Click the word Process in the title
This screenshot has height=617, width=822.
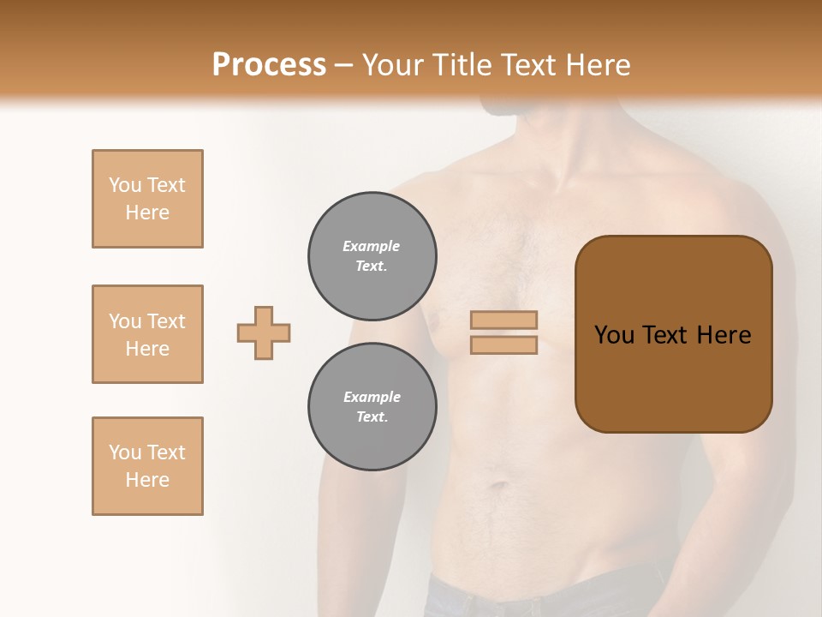click(x=269, y=65)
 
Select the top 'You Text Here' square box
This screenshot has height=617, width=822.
click(x=147, y=199)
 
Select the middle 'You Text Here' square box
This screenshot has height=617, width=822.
click(x=147, y=334)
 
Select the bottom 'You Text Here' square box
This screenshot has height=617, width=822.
click(x=147, y=466)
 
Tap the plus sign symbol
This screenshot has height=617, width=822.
click(x=264, y=332)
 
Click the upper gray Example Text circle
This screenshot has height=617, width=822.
click(x=372, y=256)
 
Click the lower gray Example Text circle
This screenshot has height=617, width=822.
click(x=372, y=407)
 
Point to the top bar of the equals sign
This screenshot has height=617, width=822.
click(x=503, y=320)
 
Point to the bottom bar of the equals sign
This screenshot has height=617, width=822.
click(x=503, y=344)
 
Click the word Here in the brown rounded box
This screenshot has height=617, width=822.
click(x=724, y=335)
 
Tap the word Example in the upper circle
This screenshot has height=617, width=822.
click(x=372, y=246)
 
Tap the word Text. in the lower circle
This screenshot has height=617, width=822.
click(x=372, y=417)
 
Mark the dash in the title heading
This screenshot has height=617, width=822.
click(x=343, y=65)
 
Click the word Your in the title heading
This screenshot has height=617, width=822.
click(x=390, y=65)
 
